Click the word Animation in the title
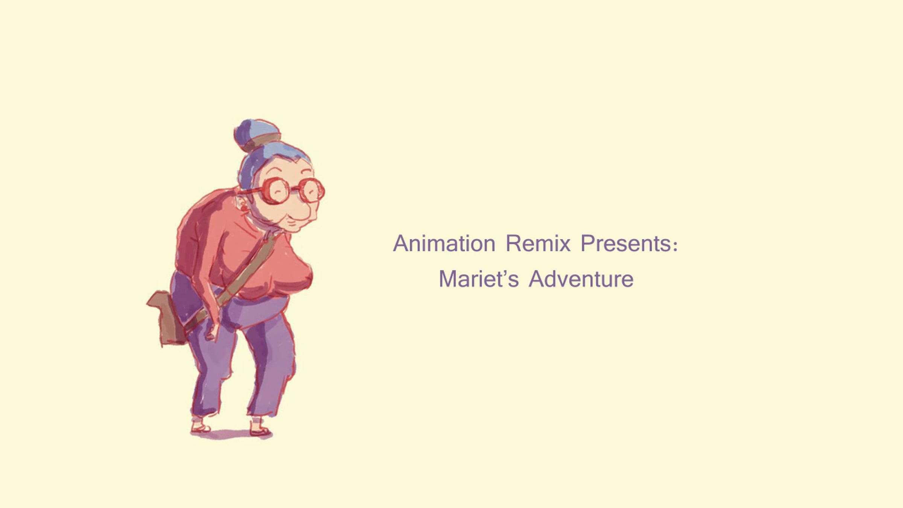(444, 243)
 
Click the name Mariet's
(479, 279)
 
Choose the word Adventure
(581, 279)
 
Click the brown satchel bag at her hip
(167, 317)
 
